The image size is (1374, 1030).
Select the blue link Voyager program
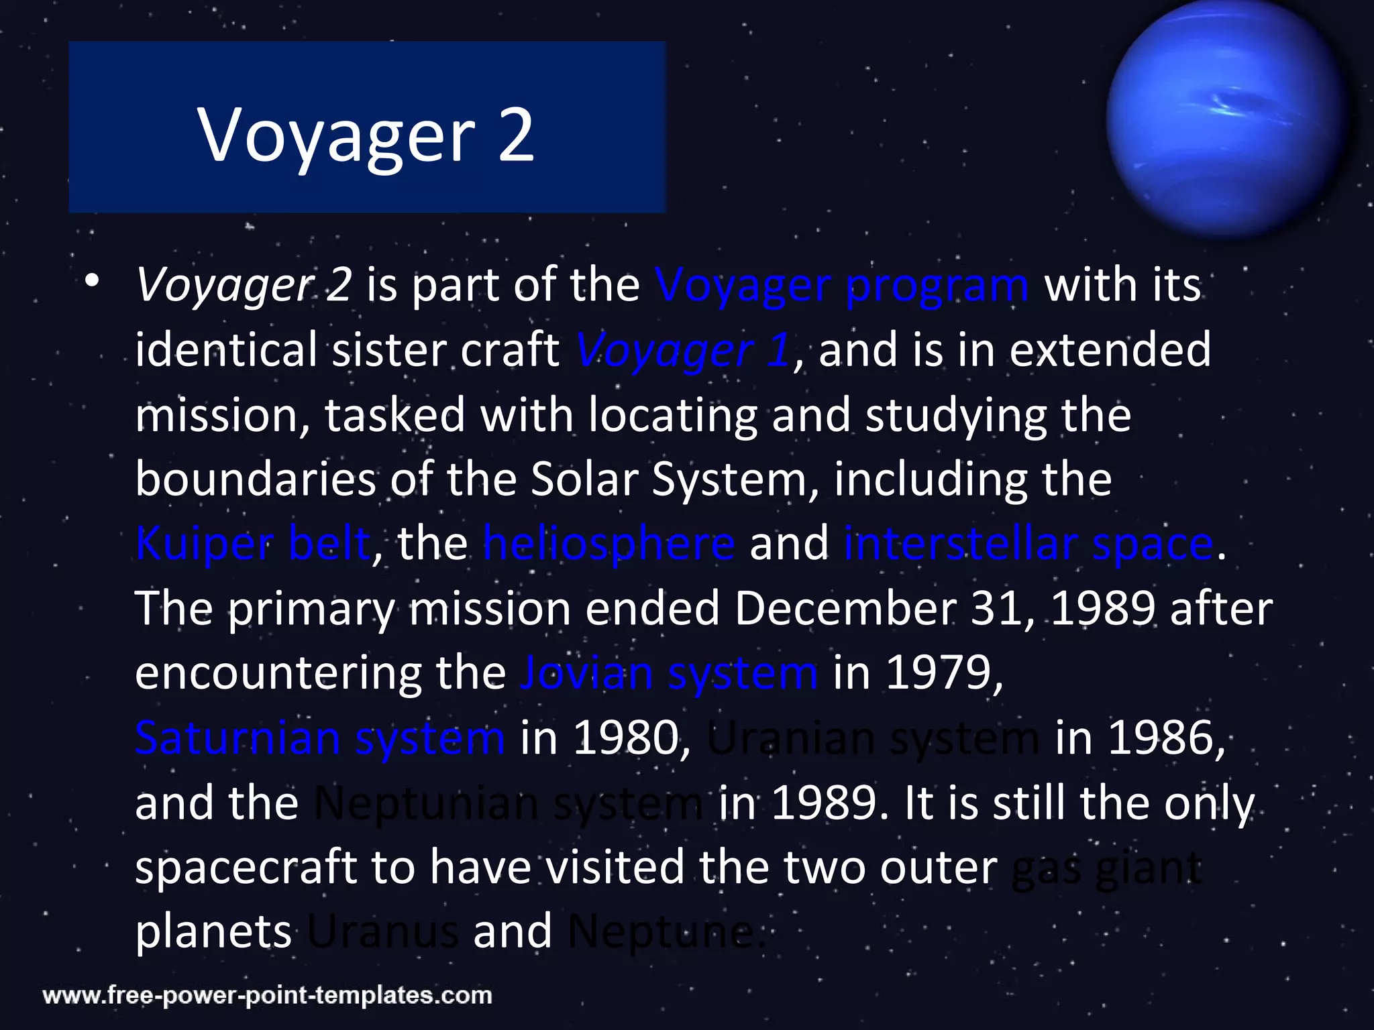click(x=841, y=286)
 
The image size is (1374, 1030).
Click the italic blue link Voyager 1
click(x=683, y=351)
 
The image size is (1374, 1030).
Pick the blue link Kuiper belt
click(x=253, y=543)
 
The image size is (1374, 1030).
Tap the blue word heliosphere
click(x=609, y=543)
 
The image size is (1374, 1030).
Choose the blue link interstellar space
click(x=1028, y=543)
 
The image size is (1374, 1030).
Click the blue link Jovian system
click(x=669, y=673)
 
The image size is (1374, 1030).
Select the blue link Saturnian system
click(x=319, y=738)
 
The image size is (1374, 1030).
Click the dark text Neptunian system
click(x=508, y=803)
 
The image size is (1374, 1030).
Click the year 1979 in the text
click(x=939, y=673)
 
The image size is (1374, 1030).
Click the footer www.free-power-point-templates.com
click(x=267, y=995)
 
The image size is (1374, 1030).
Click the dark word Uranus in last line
click(x=382, y=932)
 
